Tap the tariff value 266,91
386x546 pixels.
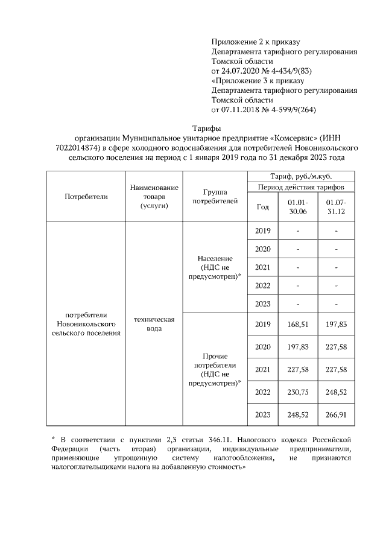[336, 416]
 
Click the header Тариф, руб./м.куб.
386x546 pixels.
[301, 176]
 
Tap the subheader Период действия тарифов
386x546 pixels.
[301, 187]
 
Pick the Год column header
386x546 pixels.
[263, 206]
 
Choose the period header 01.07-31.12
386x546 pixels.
[336, 206]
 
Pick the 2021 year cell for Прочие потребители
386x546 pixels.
[263, 369]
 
